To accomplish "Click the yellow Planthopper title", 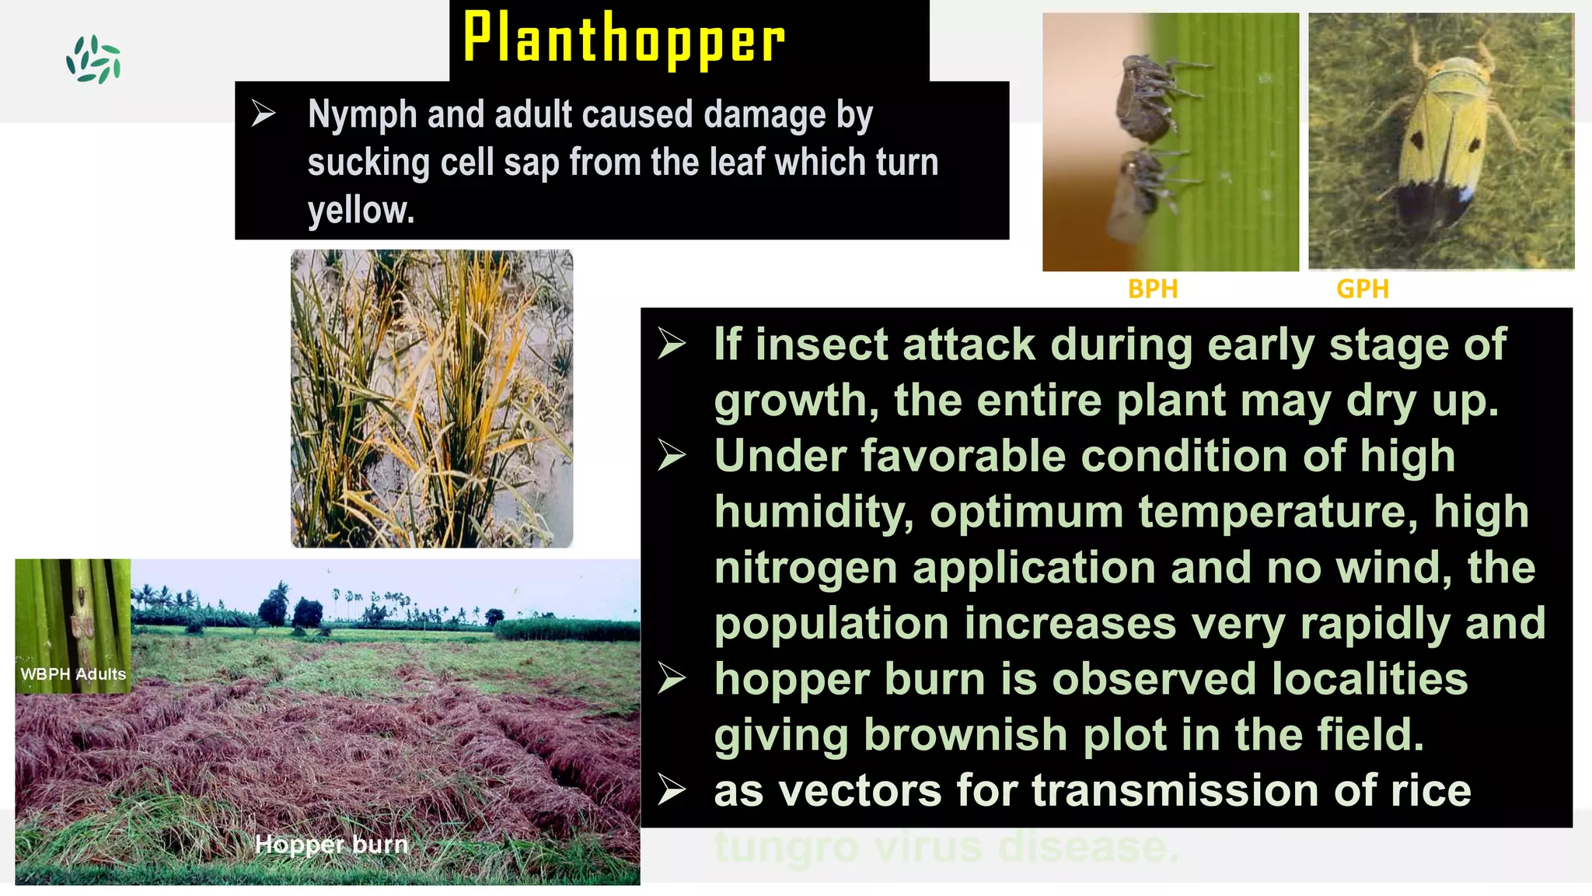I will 624,39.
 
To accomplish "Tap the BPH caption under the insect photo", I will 1153,289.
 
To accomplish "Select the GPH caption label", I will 1362,289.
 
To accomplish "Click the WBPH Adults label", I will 73,674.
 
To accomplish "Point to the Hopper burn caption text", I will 332,844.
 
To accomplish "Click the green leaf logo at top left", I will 94,59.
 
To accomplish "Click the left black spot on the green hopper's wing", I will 1416,141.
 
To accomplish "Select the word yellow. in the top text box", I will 361,210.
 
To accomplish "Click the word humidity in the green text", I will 813,513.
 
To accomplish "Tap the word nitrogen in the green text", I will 805,568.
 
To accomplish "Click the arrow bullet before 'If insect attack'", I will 672,344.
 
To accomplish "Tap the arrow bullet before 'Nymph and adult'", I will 264,114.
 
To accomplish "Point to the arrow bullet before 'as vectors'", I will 672,790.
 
